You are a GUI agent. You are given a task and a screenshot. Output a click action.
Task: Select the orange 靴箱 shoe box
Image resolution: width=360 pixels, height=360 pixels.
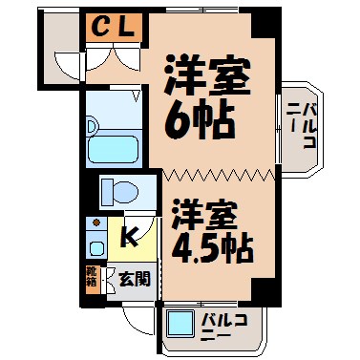coord(92,280)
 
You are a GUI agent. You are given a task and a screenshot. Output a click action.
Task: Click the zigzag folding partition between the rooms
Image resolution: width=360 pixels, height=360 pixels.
coord(219,175)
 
